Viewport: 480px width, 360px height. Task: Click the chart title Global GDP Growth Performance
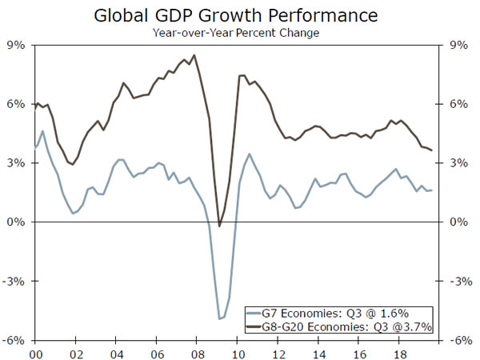(239, 14)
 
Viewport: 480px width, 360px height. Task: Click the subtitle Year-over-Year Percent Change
(239, 33)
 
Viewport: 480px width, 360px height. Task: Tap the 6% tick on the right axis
(458, 105)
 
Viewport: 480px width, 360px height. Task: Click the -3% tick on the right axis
(460, 282)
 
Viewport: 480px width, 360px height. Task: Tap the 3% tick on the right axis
(458, 163)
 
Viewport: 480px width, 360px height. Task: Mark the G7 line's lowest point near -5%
(219, 319)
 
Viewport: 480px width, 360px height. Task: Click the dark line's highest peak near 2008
(194, 55)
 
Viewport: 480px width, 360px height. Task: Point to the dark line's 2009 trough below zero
(219, 226)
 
